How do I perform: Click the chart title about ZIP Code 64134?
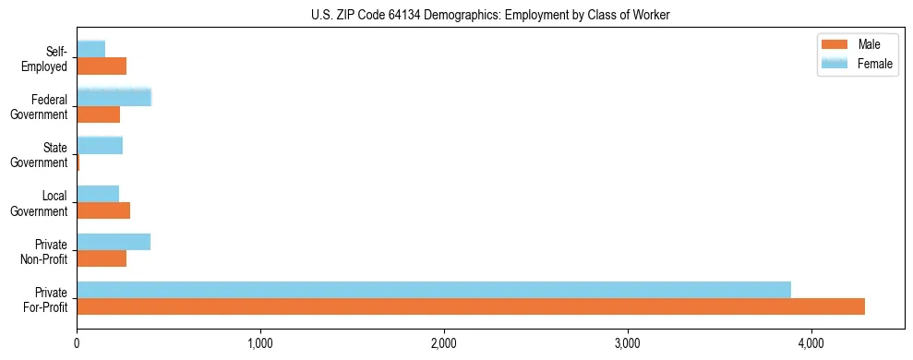(x=490, y=15)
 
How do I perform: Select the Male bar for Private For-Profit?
(x=471, y=306)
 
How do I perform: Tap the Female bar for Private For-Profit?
(x=434, y=289)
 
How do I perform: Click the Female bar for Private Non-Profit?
(x=114, y=242)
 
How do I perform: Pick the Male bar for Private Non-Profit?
(x=102, y=258)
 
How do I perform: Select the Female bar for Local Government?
(x=98, y=193)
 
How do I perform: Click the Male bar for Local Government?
(x=103, y=210)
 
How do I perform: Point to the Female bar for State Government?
(x=100, y=145)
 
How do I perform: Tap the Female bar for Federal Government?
(x=114, y=97)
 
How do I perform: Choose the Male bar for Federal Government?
(x=99, y=114)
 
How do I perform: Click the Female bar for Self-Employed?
(x=91, y=49)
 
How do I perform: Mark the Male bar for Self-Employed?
(x=102, y=66)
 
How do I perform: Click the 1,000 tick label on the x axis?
(x=260, y=343)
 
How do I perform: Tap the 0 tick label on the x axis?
(x=78, y=343)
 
